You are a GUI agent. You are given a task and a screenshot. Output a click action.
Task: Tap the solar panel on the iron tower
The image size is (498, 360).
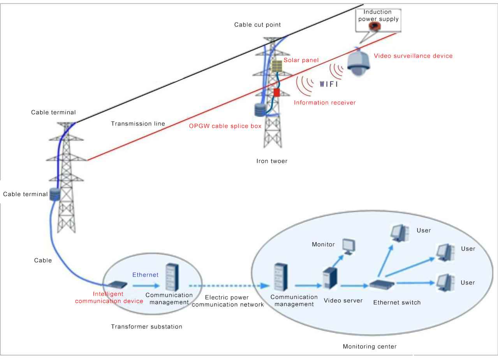tap(276, 66)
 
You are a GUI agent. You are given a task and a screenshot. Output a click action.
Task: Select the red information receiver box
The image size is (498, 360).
tap(276, 92)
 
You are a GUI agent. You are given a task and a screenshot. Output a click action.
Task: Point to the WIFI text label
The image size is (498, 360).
tap(329, 84)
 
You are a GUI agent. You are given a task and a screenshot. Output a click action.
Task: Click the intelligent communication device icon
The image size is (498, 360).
tap(116, 284)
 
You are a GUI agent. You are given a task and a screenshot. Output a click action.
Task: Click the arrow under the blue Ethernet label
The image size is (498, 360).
tap(145, 286)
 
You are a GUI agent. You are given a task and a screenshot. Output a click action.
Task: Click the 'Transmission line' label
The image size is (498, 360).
tap(138, 124)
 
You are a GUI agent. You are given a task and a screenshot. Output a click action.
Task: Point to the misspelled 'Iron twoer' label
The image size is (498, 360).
tap(272, 161)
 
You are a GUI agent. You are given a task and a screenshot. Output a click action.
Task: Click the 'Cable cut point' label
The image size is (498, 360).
tap(257, 25)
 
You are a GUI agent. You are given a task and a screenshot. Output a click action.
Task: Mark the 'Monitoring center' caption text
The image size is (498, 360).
tap(370, 346)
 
